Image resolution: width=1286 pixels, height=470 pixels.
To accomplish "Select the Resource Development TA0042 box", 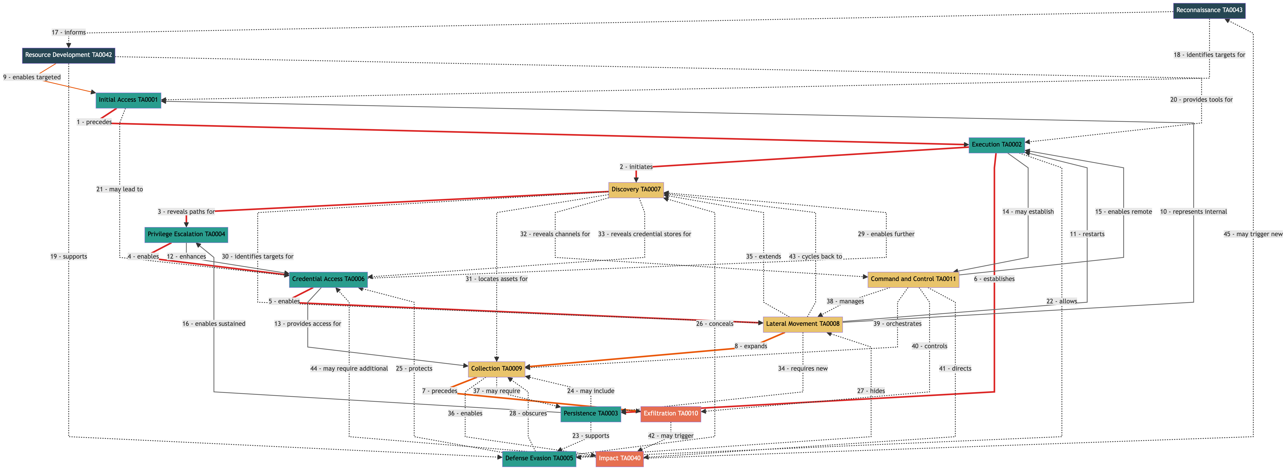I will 68,55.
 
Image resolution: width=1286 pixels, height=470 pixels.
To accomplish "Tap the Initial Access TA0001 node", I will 128,100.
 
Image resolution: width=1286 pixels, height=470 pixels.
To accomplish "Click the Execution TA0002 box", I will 997,145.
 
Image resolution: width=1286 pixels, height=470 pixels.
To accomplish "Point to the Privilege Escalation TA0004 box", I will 186,234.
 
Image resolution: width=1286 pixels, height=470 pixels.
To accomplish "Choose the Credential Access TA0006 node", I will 328,279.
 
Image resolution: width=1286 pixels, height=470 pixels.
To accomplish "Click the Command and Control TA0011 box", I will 913,279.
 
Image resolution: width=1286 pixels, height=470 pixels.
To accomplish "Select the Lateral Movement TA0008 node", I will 802,324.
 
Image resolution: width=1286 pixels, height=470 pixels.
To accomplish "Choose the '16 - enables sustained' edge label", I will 214,324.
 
